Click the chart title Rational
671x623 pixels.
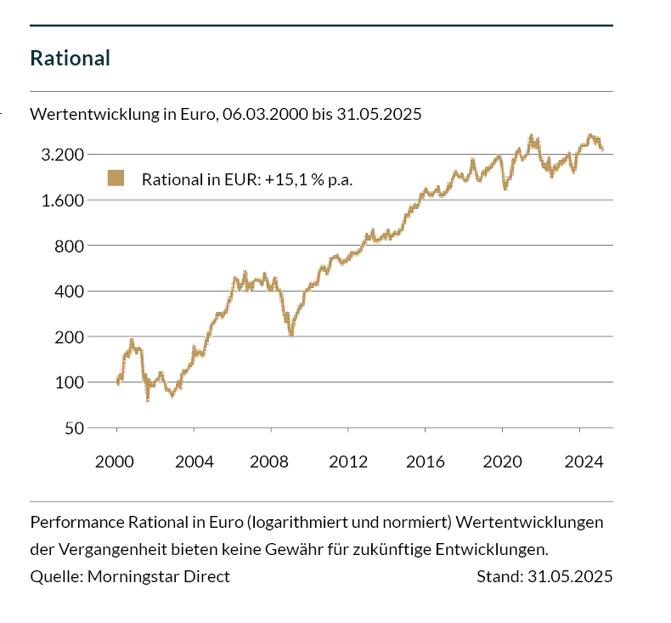click(70, 59)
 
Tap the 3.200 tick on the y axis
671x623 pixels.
click(60, 155)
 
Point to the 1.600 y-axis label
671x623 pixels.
click(60, 201)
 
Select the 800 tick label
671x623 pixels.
click(68, 246)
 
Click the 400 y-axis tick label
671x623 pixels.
click(68, 292)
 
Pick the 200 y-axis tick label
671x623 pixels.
click(68, 337)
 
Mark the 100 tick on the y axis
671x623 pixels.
click(68, 382)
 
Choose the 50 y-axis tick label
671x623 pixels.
click(73, 428)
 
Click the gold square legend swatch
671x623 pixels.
click(116, 178)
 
